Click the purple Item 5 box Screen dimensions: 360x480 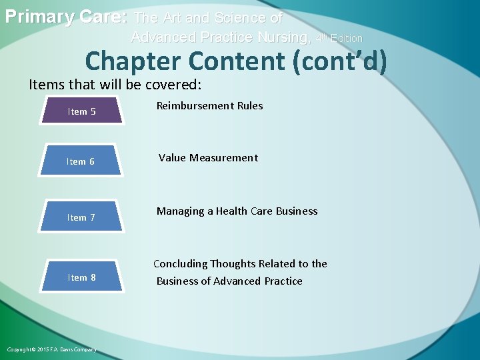coord(82,111)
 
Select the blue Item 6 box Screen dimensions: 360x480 coord(81,161)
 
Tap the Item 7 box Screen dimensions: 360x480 coord(81,217)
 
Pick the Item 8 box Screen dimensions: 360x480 coord(81,277)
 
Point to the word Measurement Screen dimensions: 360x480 coord(223,158)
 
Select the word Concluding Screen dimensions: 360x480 coord(181,264)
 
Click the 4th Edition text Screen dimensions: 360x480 coord(339,39)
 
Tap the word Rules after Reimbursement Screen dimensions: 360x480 coord(249,106)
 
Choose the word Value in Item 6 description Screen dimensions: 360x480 coord(171,158)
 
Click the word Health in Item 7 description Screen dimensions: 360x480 coord(231,211)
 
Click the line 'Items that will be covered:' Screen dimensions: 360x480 coord(115,85)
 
